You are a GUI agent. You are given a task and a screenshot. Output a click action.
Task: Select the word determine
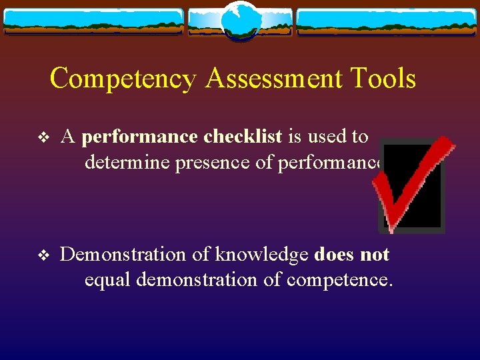[127, 163]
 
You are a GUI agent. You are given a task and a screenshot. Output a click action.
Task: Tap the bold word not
[374, 254]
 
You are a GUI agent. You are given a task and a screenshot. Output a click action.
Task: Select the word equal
[107, 280]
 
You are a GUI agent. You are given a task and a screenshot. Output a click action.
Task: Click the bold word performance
[139, 137]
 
